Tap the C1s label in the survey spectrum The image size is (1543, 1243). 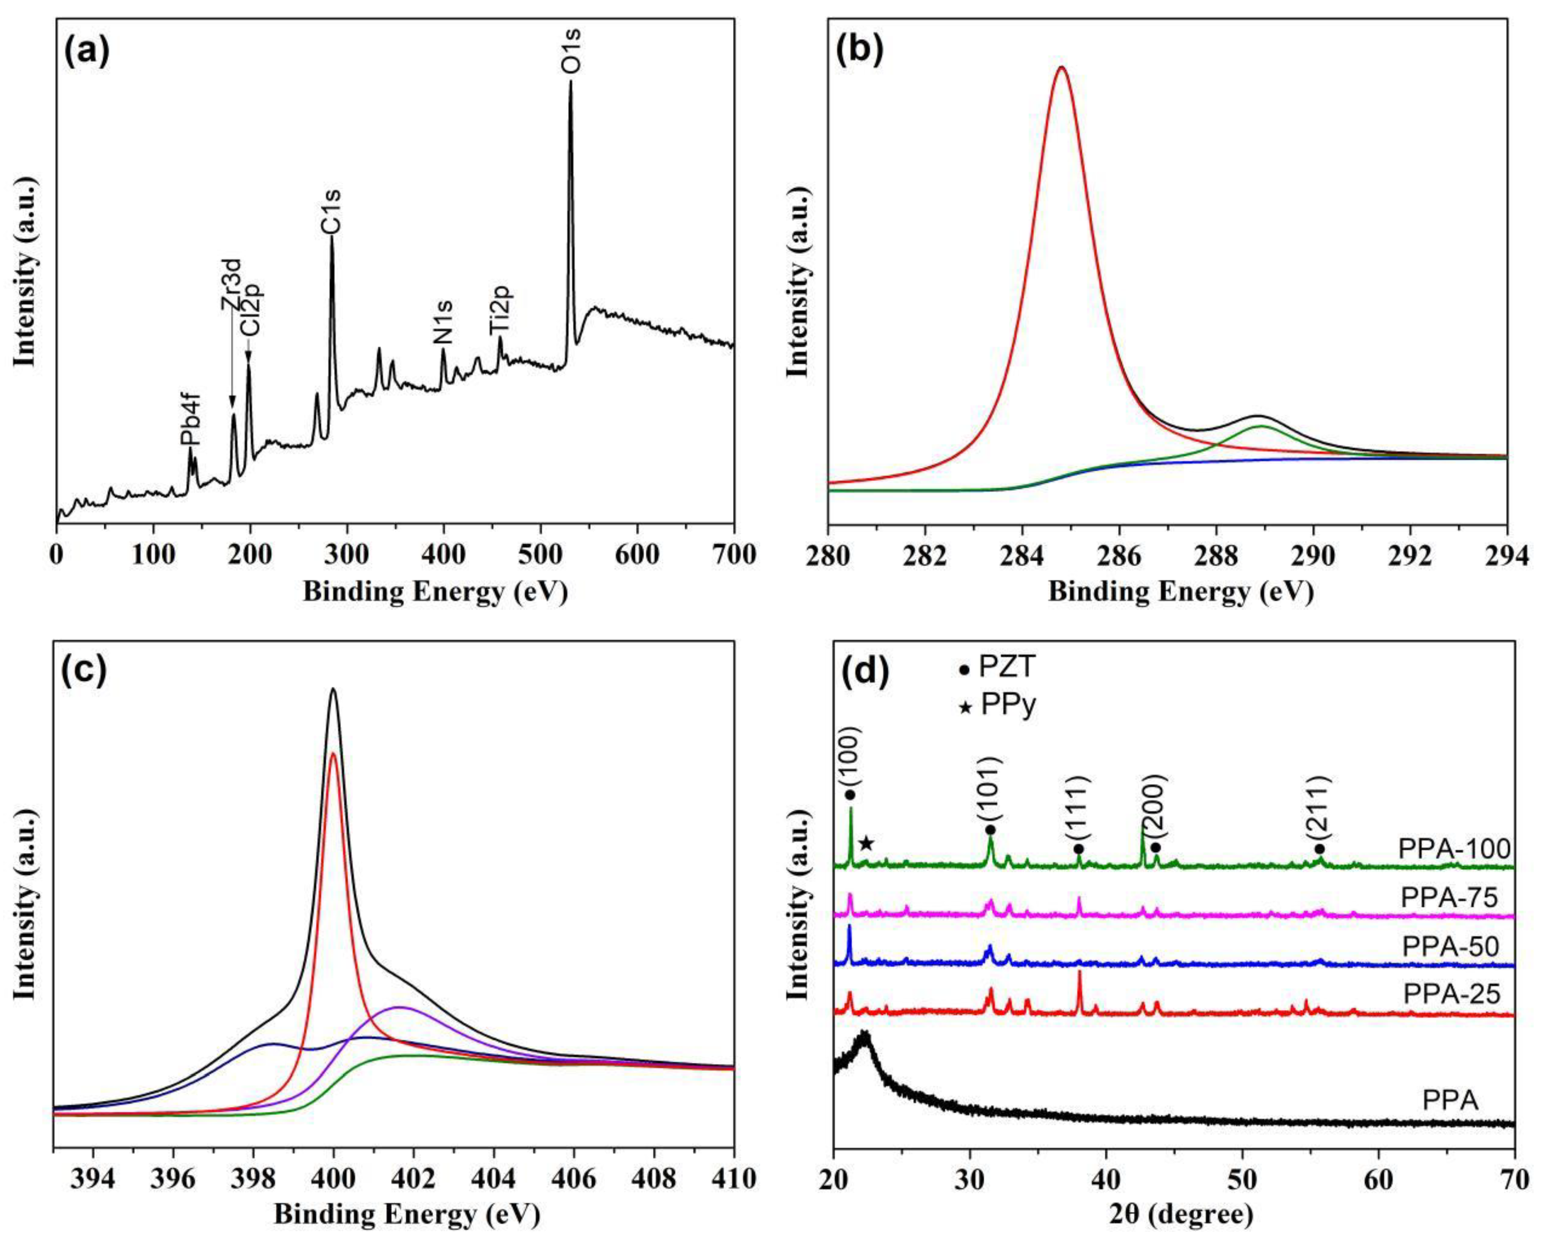click(331, 211)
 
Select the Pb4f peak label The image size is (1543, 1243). click(190, 422)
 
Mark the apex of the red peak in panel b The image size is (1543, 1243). click(1062, 68)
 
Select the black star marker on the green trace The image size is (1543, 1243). click(866, 843)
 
